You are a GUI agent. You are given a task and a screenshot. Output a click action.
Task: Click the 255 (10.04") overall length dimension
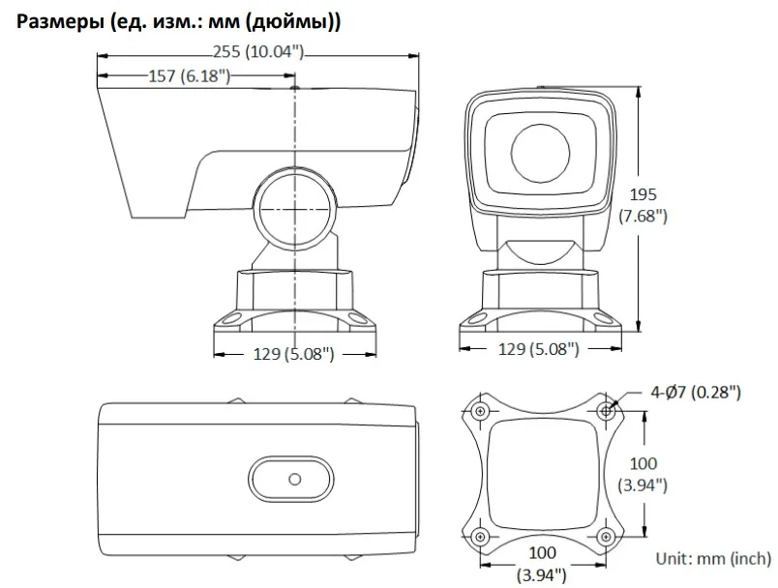[x=258, y=51]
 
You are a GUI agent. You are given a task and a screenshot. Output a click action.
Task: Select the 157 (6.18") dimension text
[x=190, y=75]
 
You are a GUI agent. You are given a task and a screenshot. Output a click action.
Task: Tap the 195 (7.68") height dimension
[x=643, y=205]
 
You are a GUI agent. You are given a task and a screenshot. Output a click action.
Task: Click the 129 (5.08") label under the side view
[x=294, y=354]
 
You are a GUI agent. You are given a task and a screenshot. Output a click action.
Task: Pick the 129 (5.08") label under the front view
[x=539, y=349]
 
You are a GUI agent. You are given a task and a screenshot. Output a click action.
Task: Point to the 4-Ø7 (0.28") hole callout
[x=696, y=393]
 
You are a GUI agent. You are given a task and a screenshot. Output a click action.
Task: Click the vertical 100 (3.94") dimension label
[x=643, y=474]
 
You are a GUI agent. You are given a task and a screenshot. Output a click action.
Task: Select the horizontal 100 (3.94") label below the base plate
[x=542, y=564]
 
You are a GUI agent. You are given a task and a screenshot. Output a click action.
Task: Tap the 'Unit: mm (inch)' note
[x=713, y=559]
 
